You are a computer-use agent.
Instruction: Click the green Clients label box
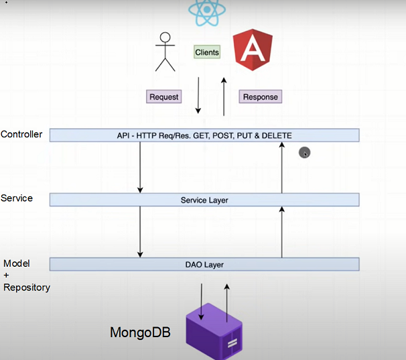tap(207, 52)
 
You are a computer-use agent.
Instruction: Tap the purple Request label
tap(164, 97)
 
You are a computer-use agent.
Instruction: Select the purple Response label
tap(260, 97)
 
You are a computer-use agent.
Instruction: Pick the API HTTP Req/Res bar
tap(204, 135)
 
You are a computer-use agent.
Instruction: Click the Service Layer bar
tap(204, 200)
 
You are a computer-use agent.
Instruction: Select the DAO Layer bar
tap(204, 264)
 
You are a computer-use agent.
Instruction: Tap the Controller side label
tap(21, 134)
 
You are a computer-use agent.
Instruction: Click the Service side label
tap(17, 198)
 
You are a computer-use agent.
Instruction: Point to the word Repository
tap(27, 288)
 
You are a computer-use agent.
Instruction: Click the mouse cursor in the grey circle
tap(305, 153)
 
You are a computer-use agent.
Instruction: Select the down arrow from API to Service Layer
tap(140, 167)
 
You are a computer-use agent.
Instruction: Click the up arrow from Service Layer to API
tap(281, 168)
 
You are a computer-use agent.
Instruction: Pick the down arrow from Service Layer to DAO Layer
tap(140, 232)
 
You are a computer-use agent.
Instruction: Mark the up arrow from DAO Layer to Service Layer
tap(281, 232)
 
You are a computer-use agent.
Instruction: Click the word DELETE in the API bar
tap(276, 135)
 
